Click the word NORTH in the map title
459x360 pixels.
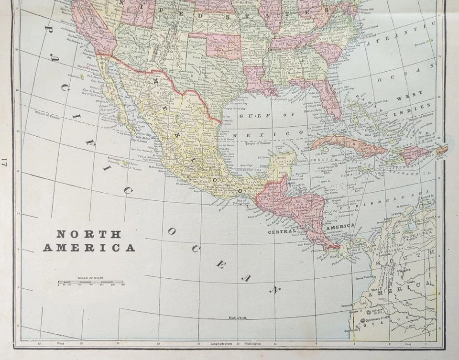pyautogui.click(x=89, y=234)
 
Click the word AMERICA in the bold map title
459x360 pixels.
pyautogui.click(x=89, y=248)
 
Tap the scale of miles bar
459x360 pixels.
pyautogui.click(x=90, y=283)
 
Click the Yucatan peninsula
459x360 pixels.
pyautogui.click(x=282, y=165)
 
